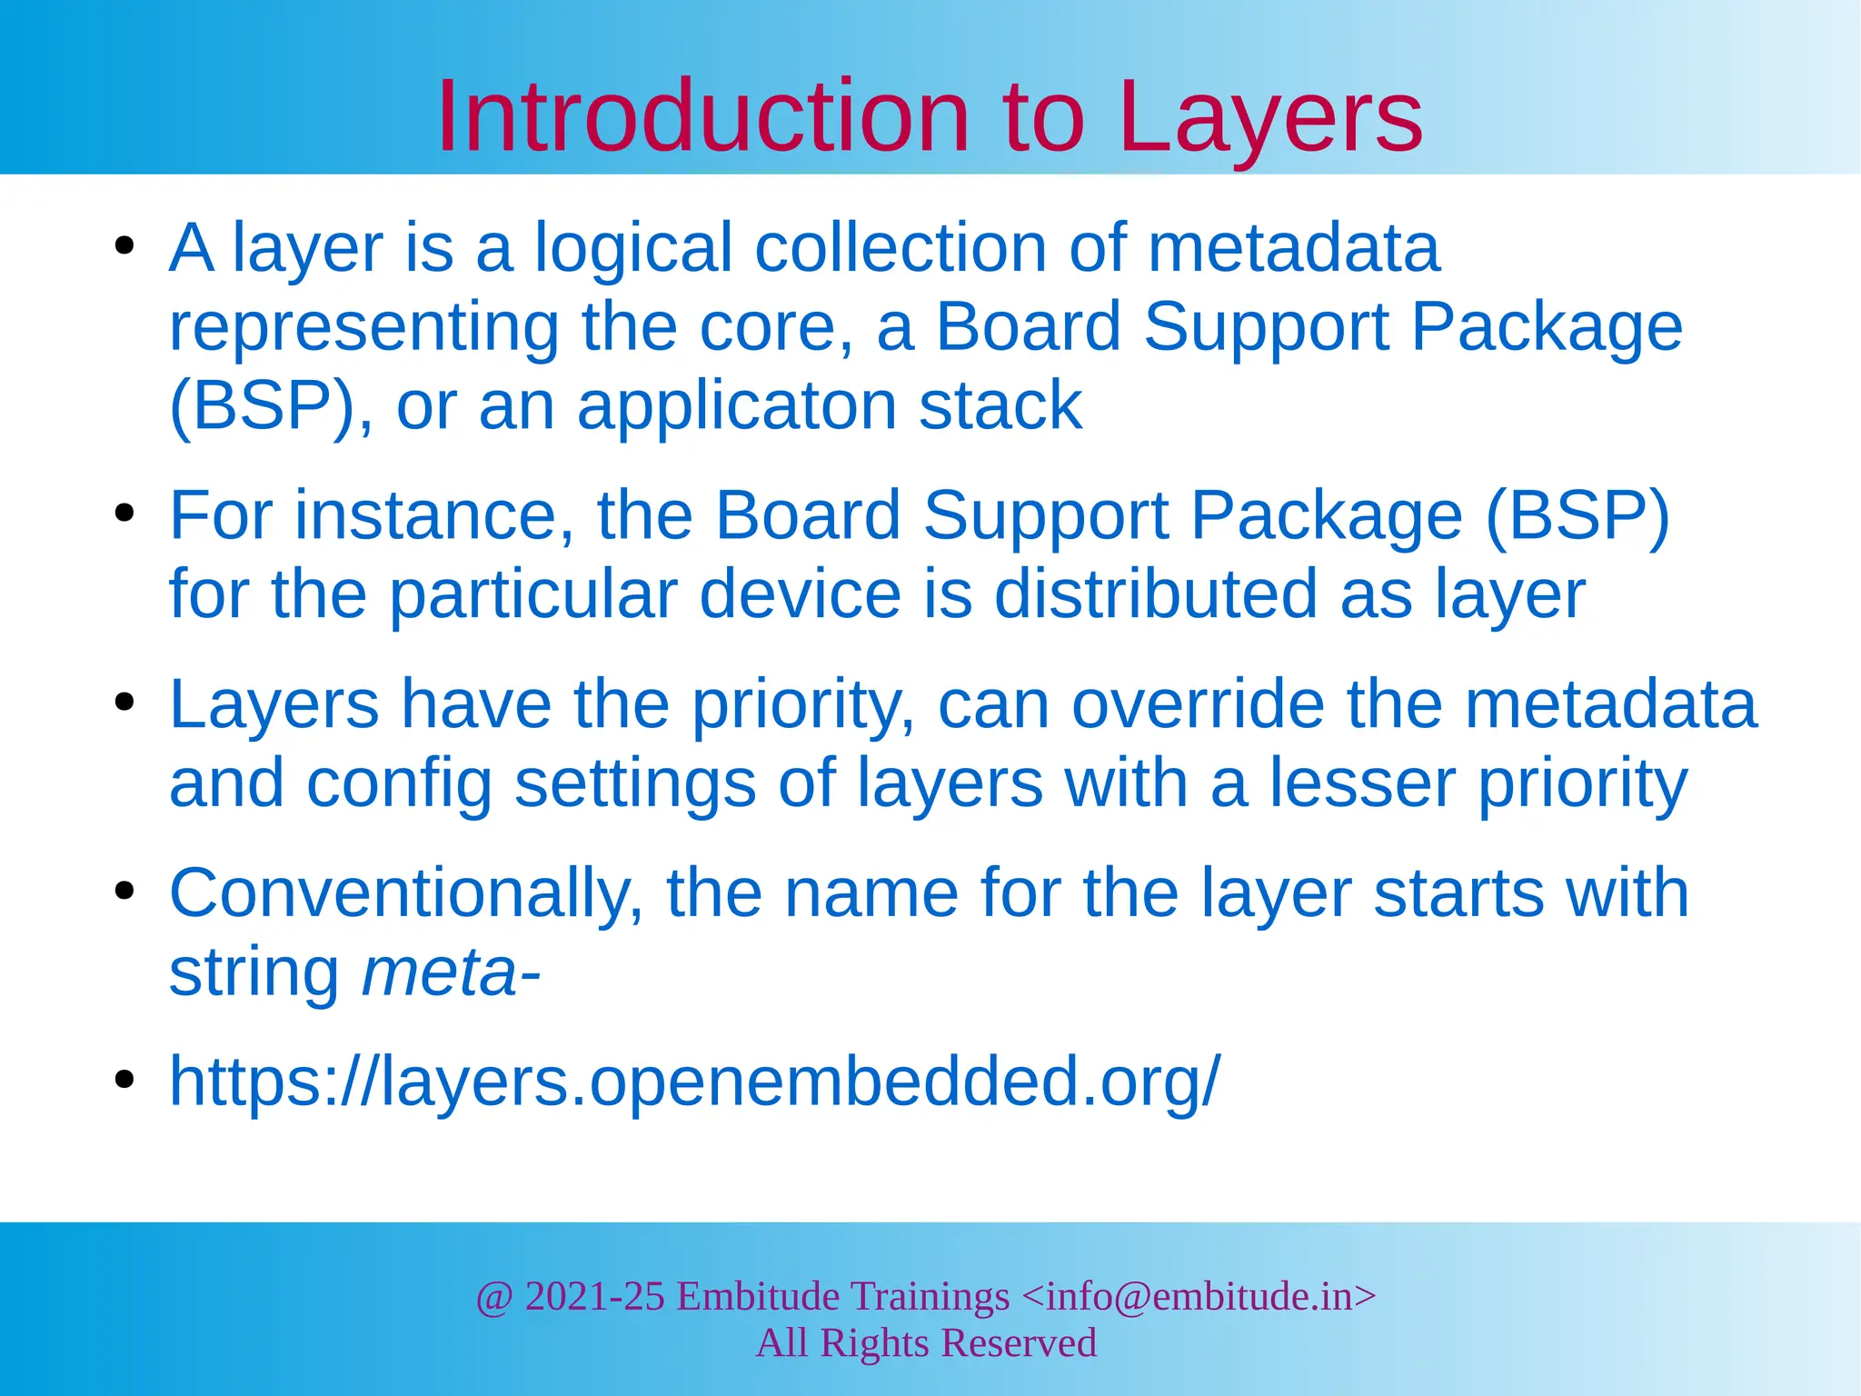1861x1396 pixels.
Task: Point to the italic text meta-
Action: [451, 972]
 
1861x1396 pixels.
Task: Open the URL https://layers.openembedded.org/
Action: [695, 1082]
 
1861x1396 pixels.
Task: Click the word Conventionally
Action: [406, 893]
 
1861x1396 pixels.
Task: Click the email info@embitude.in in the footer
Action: [1199, 1296]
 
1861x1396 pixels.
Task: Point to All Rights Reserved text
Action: [926, 1343]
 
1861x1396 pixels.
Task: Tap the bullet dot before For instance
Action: [124, 514]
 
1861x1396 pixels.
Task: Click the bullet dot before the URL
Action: [124, 1080]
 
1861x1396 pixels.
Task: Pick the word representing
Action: [363, 327]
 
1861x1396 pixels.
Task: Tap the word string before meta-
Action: [254, 972]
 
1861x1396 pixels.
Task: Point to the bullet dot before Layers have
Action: [124, 703]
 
